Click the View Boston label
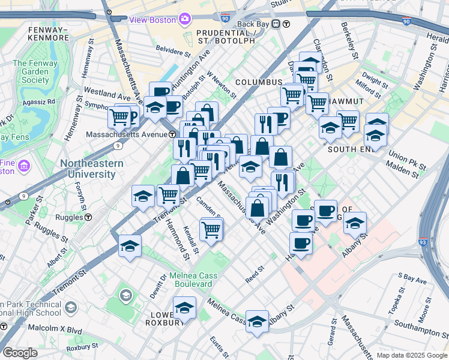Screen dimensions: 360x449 click(x=152, y=19)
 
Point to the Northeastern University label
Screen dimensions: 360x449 click(x=91, y=169)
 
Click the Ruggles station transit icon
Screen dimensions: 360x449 click(x=88, y=217)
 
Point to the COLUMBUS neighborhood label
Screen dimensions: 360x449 click(x=259, y=82)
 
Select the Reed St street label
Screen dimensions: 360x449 click(x=255, y=275)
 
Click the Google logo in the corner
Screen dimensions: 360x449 click(x=20, y=353)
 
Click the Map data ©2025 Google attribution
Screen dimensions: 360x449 click(x=411, y=356)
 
